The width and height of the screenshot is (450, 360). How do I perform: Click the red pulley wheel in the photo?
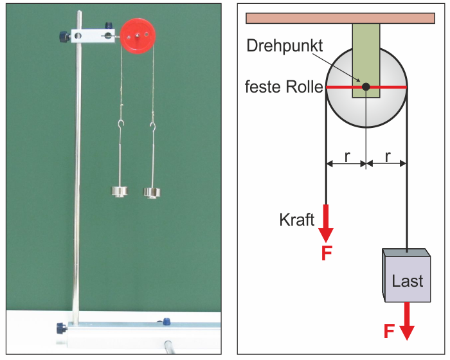pyautogui.click(x=138, y=36)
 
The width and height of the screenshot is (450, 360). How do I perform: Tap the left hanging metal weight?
pyautogui.click(x=120, y=192)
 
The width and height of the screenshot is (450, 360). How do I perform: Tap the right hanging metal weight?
pyautogui.click(x=152, y=194)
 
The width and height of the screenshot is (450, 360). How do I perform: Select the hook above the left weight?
pyautogui.click(x=121, y=124)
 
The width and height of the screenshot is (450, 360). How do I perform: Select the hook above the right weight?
pyautogui.click(x=153, y=125)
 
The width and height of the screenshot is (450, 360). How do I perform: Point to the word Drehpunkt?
pyautogui.click(x=285, y=46)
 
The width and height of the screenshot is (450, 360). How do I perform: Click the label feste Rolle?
pyautogui.click(x=284, y=87)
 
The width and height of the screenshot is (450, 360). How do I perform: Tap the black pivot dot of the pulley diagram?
pyautogui.click(x=366, y=87)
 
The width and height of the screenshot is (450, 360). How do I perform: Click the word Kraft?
pyautogui.click(x=297, y=220)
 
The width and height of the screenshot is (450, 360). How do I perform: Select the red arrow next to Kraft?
pyautogui.click(x=326, y=223)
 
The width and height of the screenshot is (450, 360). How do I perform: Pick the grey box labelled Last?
pyautogui.click(x=406, y=275)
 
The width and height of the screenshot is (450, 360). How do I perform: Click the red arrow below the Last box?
pyautogui.click(x=407, y=321)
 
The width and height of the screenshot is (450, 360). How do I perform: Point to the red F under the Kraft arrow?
pyautogui.click(x=327, y=253)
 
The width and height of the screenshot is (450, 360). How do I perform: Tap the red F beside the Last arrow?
pyautogui.click(x=389, y=331)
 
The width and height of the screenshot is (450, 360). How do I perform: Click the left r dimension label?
pyautogui.click(x=347, y=156)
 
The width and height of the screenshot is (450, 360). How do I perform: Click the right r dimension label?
pyautogui.click(x=388, y=156)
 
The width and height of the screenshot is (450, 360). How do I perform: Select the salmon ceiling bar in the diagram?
pyautogui.click(x=340, y=18)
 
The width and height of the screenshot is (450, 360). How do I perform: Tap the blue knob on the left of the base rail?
pyautogui.click(x=62, y=328)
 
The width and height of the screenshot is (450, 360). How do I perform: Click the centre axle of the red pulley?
pyautogui.click(x=138, y=35)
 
